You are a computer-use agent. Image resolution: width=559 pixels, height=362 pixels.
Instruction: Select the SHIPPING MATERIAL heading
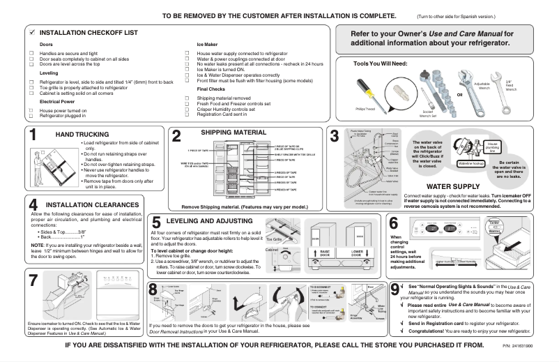coord(224,131)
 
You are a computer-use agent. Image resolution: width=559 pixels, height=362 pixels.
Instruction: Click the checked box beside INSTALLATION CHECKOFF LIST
coord(31,32)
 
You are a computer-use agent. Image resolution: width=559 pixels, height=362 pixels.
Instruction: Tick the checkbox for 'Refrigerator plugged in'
coord(31,116)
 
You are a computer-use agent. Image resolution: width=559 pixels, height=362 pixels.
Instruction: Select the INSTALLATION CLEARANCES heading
coord(84,204)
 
